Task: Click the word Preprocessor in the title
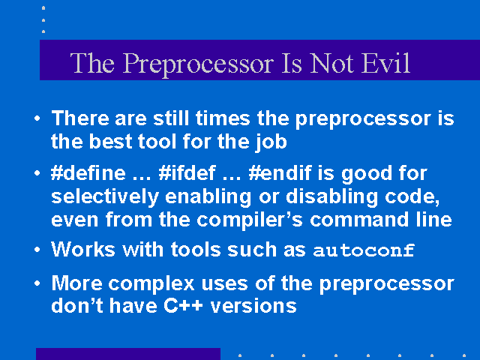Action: [x=198, y=64]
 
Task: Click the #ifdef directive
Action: [x=187, y=173]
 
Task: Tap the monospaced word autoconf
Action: [x=364, y=250]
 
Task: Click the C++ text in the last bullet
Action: [x=183, y=305]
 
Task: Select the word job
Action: [x=271, y=142]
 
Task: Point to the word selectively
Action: [x=105, y=196]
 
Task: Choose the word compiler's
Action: [x=250, y=220]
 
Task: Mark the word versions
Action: [x=253, y=305]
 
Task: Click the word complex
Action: [x=151, y=284]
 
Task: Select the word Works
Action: [x=83, y=249]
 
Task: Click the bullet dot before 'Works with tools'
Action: [x=37, y=250]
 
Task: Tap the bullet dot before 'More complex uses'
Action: [x=37, y=283]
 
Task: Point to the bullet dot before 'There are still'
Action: [x=37, y=118]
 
